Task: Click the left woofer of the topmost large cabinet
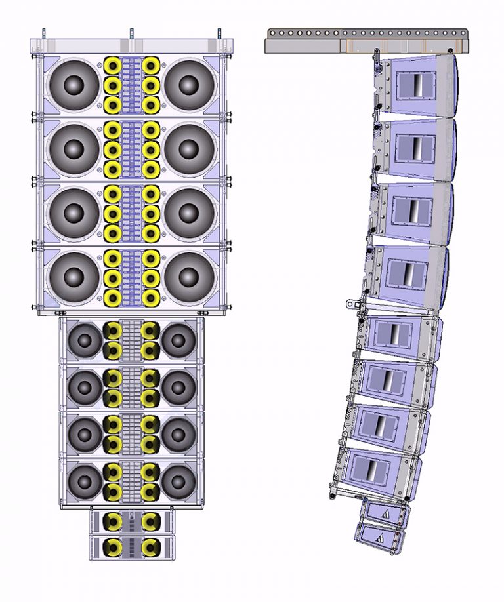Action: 73,85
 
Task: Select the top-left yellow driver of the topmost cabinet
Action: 113,66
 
